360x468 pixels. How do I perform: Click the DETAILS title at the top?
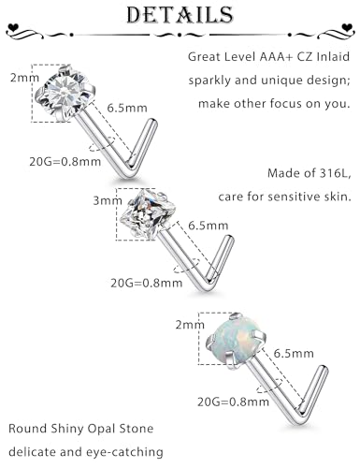coord(180,16)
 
